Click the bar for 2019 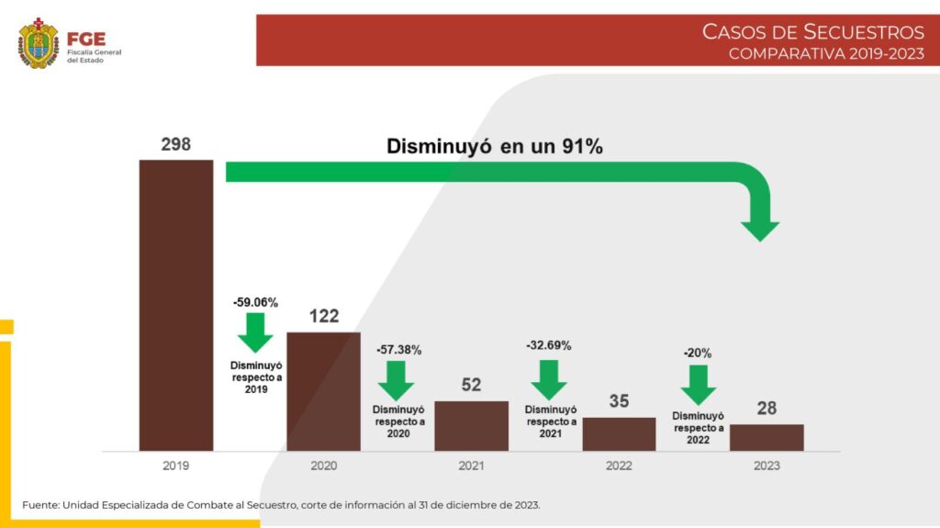click(x=176, y=305)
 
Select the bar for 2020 click(x=323, y=391)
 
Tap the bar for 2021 click(x=471, y=425)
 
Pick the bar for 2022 click(x=619, y=433)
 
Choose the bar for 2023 click(x=767, y=437)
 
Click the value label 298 click(x=175, y=145)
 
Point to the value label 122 click(x=323, y=317)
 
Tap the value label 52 click(x=471, y=386)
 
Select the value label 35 click(x=619, y=401)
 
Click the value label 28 click(x=767, y=409)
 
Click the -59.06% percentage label click(x=255, y=301)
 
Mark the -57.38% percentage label click(x=398, y=350)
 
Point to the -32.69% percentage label click(x=549, y=346)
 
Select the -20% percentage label click(x=698, y=353)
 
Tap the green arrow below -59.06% click(x=255, y=331)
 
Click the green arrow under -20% click(x=699, y=384)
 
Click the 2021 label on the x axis click(x=471, y=466)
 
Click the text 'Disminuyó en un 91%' click(x=494, y=146)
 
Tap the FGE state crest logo click(x=39, y=43)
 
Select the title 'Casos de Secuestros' click(x=812, y=32)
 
